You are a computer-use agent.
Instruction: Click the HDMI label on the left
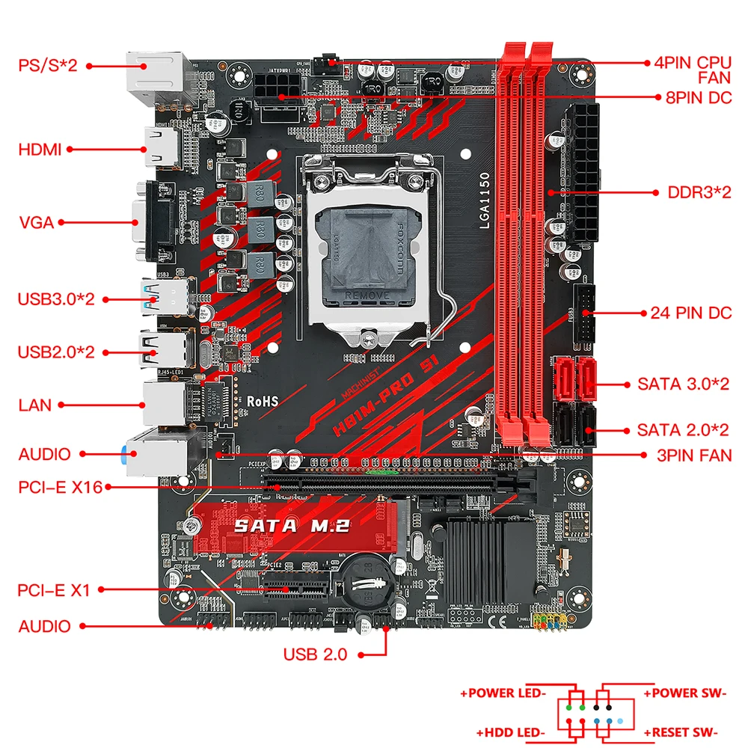coord(40,150)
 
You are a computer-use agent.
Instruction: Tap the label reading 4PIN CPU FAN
coord(693,69)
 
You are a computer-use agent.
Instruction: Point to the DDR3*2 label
coord(699,192)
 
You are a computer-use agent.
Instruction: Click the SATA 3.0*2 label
coord(683,384)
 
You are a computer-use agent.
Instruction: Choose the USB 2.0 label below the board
coord(315,654)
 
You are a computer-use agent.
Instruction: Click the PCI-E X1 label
coord(54,590)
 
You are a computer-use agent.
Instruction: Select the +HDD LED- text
coord(511,732)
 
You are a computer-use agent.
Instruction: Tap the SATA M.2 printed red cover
coord(292,525)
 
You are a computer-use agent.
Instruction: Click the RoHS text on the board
coord(263,402)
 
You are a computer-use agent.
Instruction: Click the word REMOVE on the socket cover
coord(368,295)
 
